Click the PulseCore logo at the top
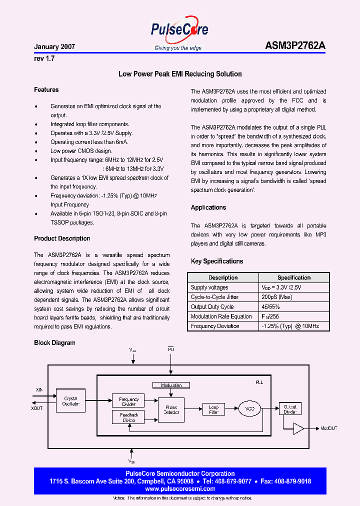179,31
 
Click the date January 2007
54,46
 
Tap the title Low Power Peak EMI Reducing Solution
180,74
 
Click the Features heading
46,90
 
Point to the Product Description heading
62,238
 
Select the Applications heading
208,207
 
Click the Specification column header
294,277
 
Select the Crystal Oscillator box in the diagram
71,401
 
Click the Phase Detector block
171,409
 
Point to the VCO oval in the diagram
250,408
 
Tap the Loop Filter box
213,409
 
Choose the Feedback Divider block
129,417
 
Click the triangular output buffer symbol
298,428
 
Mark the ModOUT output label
329,428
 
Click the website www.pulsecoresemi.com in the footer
180,489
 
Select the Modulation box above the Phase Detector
171,385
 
